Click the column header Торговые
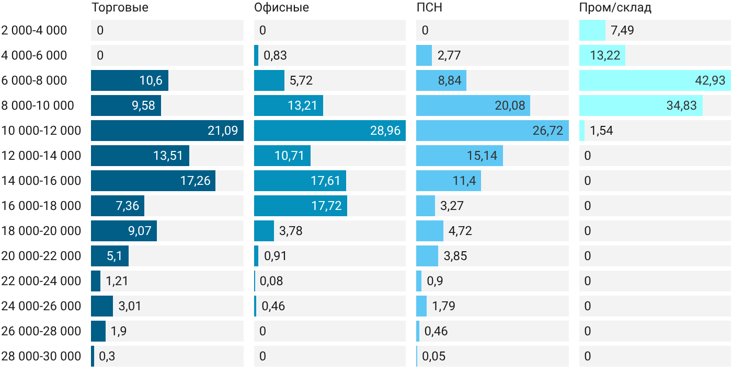pyautogui.click(x=120, y=7)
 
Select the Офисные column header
pyautogui.click(x=281, y=7)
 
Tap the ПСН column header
pyautogui.click(x=429, y=7)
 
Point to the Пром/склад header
pyautogui.click(x=615, y=7)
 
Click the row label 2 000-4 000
pyautogui.click(x=34, y=30)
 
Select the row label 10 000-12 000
pyautogui.click(x=41, y=131)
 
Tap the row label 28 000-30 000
pyautogui.click(x=41, y=356)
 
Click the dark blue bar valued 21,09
pyautogui.click(x=167, y=131)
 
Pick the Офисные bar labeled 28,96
pyautogui.click(x=330, y=131)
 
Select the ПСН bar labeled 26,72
pyautogui.click(x=493, y=131)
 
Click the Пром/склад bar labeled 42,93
pyautogui.click(x=655, y=80)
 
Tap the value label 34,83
pyautogui.click(x=682, y=106)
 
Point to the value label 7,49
pyautogui.click(x=622, y=30)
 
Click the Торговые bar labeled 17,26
pyautogui.click(x=153, y=181)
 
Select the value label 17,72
pyautogui.click(x=326, y=206)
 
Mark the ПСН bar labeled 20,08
pyautogui.click(x=473, y=106)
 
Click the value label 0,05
pyautogui.click(x=433, y=356)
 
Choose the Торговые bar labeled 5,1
pyautogui.click(x=110, y=256)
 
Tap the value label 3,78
pyautogui.click(x=291, y=231)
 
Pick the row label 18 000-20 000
pyautogui.click(x=41, y=231)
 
